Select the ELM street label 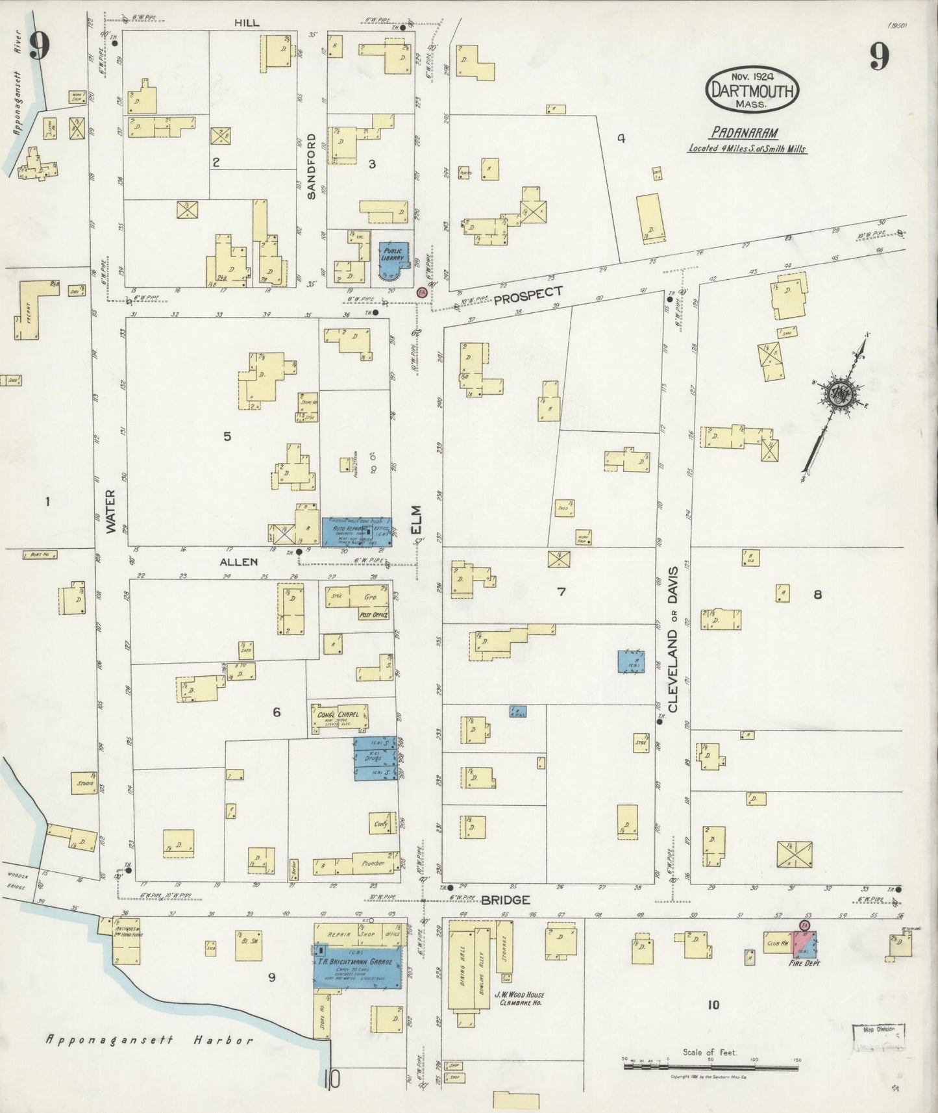(415, 519)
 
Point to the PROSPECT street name (527, 295)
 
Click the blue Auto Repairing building (357, 531)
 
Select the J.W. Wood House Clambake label (517, 998)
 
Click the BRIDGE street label (506, 900)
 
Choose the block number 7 (562, 592)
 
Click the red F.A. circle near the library (422, 294)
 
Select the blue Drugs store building (375, 758)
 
